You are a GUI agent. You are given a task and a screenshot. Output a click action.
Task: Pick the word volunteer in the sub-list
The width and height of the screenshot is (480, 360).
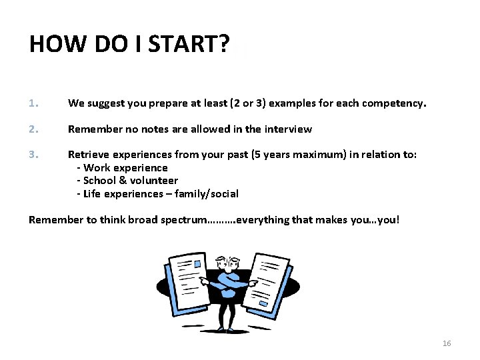tap(154, 181)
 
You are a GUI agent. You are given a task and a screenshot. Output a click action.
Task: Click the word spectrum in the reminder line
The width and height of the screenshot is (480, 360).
tap(183, 220)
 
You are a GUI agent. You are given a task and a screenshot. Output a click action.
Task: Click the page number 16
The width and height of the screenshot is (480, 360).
tap(447, 343)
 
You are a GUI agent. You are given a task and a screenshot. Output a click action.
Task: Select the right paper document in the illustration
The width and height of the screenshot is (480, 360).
tap(267, 283)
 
